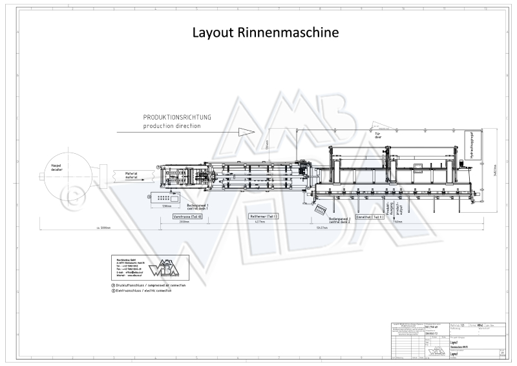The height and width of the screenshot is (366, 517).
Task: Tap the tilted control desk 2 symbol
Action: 319,209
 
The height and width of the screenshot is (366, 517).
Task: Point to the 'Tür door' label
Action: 378,136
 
